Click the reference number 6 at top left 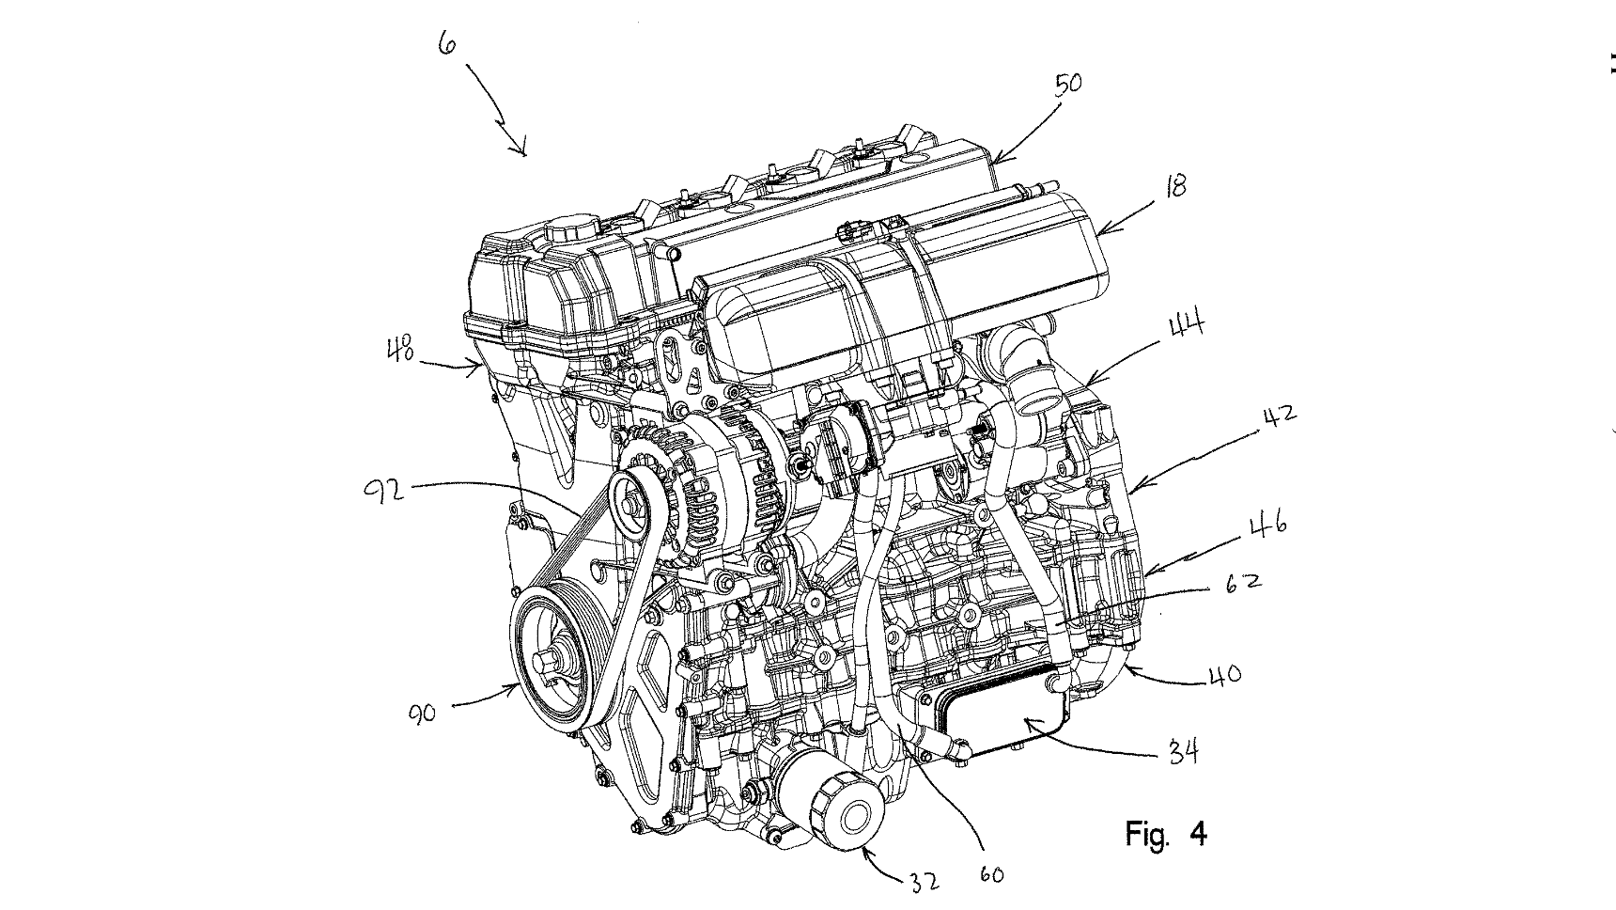pyautogui.click(x=447, y=42)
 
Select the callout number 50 pyautogui.click(x=1068, y=85)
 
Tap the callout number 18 pyautogui.click(x=1174, y=185)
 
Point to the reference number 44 pyautogui.click(x=1187, y=329)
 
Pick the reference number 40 pyautogui.click(x=1223, y=674)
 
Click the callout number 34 pyautogui.click(x=1182, y=752)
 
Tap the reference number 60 pyautogui.click(x=991, y=875)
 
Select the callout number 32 pyautogui.click(x=924, y=882)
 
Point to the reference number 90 pyautogui.click(x=424, y=713)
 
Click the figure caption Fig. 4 pyautogui.click(x=1166, y=833)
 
